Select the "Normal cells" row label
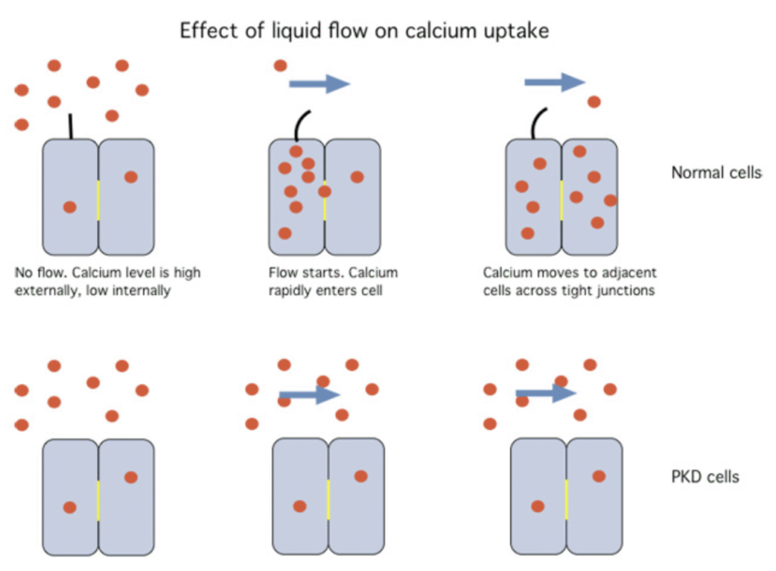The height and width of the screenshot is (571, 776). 715,173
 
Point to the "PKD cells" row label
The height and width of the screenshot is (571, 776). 704,477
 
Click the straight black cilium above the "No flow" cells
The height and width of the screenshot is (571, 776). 70,126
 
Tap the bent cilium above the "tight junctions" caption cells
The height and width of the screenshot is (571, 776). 540,121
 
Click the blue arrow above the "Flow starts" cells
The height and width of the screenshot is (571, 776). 319,83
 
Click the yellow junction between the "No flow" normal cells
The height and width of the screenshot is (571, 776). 99,199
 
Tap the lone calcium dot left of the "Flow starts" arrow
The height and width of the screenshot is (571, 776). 280,66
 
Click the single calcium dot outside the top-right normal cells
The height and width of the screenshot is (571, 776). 594,102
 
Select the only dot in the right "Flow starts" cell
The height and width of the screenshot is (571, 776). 357,177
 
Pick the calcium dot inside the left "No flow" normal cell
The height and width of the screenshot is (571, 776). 70,206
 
